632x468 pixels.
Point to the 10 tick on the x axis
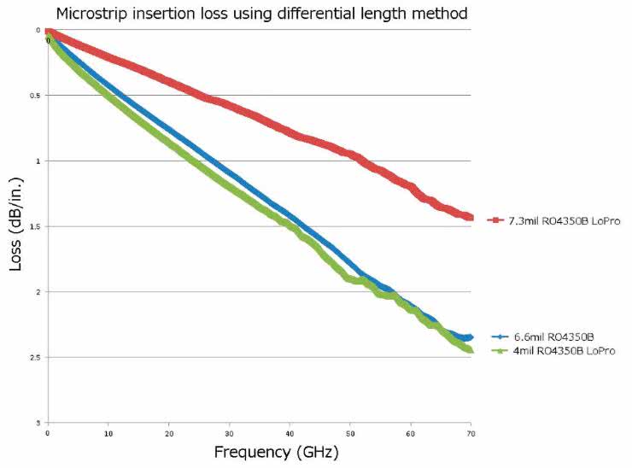pyautogui.click(x=108, y=433)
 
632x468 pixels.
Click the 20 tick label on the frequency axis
pyautogui.click(x=169, y=433)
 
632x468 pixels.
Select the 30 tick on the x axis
pyautogui.click(x=229, y=433)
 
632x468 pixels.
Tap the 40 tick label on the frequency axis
pyautogui.click(x=290, y=433)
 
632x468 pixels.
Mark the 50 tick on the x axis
pyautogui.click(x=350, y=433)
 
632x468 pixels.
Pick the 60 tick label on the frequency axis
pyautogui.click(x=411, y=433)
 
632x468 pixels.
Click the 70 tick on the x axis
pyautogui.click(x=471, y=433)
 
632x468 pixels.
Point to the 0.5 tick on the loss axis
pyautogui.click(x=36, y=96)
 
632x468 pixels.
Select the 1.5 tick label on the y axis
pyautogui.click(x=36, y=226)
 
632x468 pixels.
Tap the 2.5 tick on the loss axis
pyautogui.click(x=36, y=357)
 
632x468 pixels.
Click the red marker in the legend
pyautogui.click(x=493, y=221)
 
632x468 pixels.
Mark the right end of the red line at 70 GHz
pyautogui.click(x=471, y=218)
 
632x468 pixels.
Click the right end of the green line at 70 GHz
pyautogui.click(x=470, y=350)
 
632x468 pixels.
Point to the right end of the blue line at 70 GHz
pyautogui.click(x=470, y=337)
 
